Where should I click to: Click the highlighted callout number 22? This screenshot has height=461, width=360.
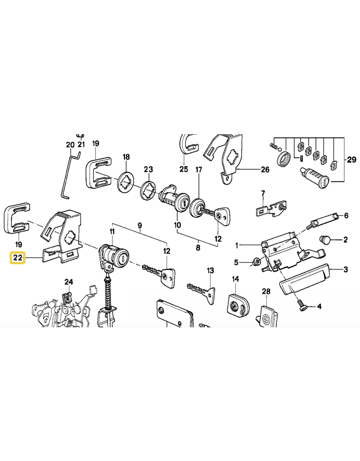tap(18, 258)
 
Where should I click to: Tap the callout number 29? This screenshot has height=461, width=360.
tap(351, 160)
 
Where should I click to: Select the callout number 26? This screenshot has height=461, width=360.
tap(265, 170)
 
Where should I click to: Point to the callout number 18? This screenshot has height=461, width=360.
tap(126, 157)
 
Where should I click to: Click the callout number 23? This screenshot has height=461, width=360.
tap(148, 169)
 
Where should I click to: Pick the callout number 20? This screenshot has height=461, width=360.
tap(70, 145)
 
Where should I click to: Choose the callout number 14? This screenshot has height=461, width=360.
tap(235, 279)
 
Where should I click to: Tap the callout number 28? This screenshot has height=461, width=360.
tap(266, 291)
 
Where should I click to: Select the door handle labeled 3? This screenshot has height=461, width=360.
tap(304, 278)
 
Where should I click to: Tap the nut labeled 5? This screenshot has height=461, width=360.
tap(256, 261)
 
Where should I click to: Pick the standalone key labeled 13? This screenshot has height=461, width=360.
tap(202, 291)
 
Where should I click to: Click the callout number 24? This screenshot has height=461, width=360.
tap(68, 282)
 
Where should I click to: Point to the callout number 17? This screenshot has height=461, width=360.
tap(199, 170)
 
